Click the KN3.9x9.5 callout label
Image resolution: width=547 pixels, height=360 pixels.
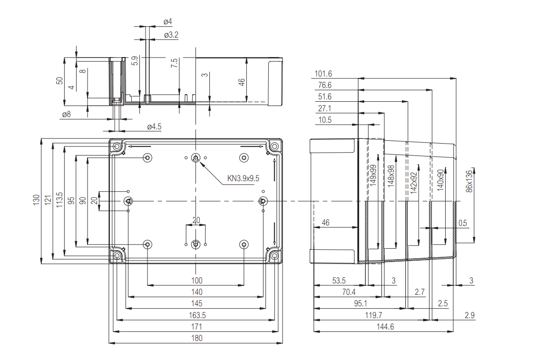tap(243, 179)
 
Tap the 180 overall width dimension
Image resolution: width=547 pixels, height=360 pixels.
tap(197, 338)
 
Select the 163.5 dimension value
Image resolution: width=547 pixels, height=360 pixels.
tap(197, 315)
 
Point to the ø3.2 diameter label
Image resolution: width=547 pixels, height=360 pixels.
tap(171, 35)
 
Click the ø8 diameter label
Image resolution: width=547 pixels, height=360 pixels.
tap(66, 114)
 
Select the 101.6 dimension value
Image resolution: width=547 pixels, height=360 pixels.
tap(323, 74)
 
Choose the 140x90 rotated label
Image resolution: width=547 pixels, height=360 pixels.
tap(440, 180)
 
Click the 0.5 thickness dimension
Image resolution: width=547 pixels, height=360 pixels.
tap(462, 223)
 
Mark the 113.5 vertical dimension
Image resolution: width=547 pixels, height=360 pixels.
tap(59, 200)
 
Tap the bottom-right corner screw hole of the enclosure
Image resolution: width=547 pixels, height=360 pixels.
tap(274, 256)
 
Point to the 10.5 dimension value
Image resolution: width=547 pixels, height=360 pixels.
tap(325, 120)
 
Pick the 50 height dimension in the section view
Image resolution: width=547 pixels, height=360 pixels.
tap(59, 80)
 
